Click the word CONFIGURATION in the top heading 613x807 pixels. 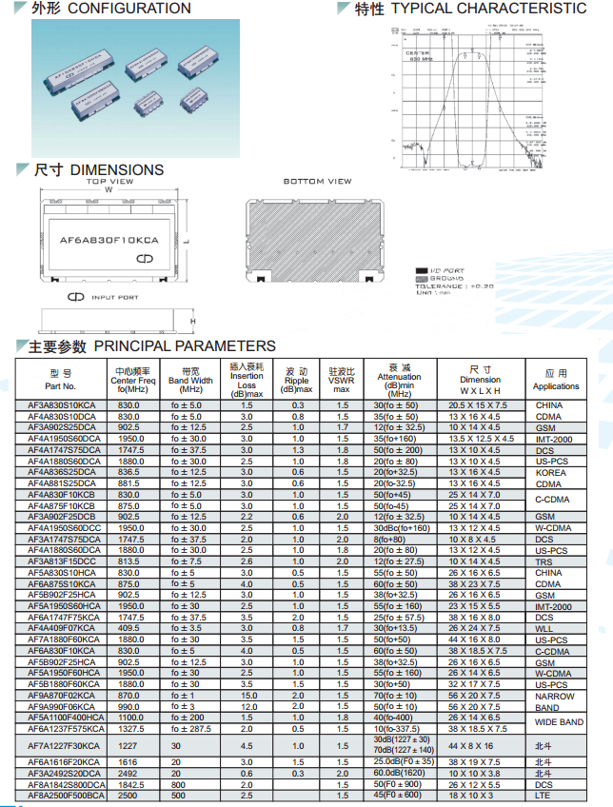(129, 9)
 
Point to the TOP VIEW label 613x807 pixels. (110, 181)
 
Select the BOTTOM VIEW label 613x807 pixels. (318, 181)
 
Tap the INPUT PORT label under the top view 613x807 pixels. (114, 298)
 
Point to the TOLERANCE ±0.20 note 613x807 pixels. (454, 285)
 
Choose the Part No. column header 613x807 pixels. (61, 380)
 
